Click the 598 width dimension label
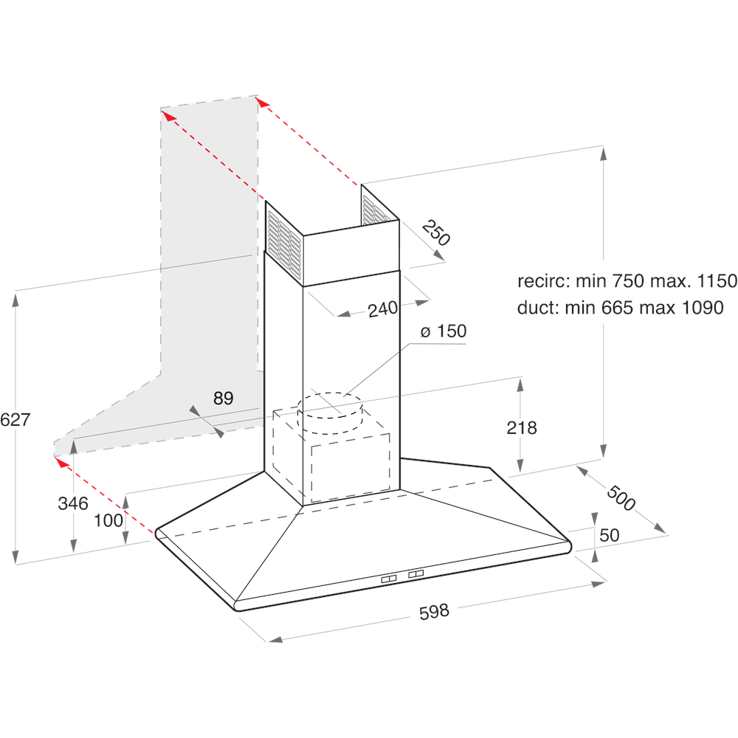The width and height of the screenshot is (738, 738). coord(433,612)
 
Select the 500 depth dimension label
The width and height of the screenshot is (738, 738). coord(620,498)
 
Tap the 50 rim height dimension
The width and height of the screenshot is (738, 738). coord(609,535)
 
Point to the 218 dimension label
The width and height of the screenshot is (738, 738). coord(522,427)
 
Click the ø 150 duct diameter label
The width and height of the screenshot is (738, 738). coord(444,331)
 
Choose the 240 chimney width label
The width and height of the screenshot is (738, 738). coord(383,309)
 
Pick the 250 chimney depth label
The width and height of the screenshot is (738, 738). coord(435,234)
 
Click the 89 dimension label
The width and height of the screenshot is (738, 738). coord(223,399)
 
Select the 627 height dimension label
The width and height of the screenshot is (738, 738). coord(15,420)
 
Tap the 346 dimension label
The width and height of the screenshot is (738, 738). coord(73,504)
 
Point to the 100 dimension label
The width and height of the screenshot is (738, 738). coord(108,520)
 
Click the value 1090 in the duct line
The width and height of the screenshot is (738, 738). coord(697,308)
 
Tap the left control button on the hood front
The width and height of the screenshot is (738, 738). coord(390,579)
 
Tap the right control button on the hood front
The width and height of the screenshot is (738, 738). coord(416,574)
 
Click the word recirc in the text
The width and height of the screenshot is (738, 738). coord(541,281)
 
